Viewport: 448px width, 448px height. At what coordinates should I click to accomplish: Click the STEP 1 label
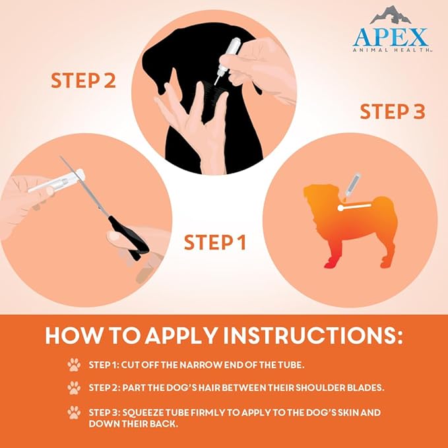214,242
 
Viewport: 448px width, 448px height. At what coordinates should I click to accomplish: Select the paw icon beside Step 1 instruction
73,364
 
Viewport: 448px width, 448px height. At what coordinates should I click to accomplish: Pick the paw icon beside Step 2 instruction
73,387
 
